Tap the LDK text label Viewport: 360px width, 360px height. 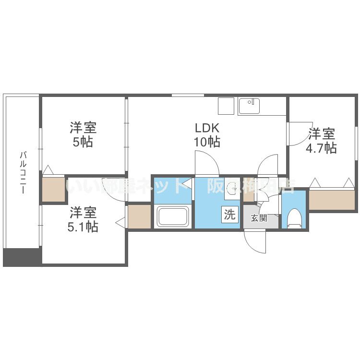[206, 128]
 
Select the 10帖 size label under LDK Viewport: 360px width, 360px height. [207, 142]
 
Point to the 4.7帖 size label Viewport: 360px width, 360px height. [321, 148]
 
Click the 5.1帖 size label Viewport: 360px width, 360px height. [83, 226]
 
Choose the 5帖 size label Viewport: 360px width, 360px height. [83, 142]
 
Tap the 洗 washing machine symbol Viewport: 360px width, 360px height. [230, 215]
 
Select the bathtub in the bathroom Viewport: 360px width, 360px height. [173, 216]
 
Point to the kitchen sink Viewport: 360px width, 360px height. [249, 106]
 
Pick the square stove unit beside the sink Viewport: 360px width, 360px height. [226, 106]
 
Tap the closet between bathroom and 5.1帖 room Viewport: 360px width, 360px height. [139, 217]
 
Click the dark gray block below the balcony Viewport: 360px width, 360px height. [22, 257]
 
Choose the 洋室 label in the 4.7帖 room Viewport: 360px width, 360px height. [321, 133]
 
